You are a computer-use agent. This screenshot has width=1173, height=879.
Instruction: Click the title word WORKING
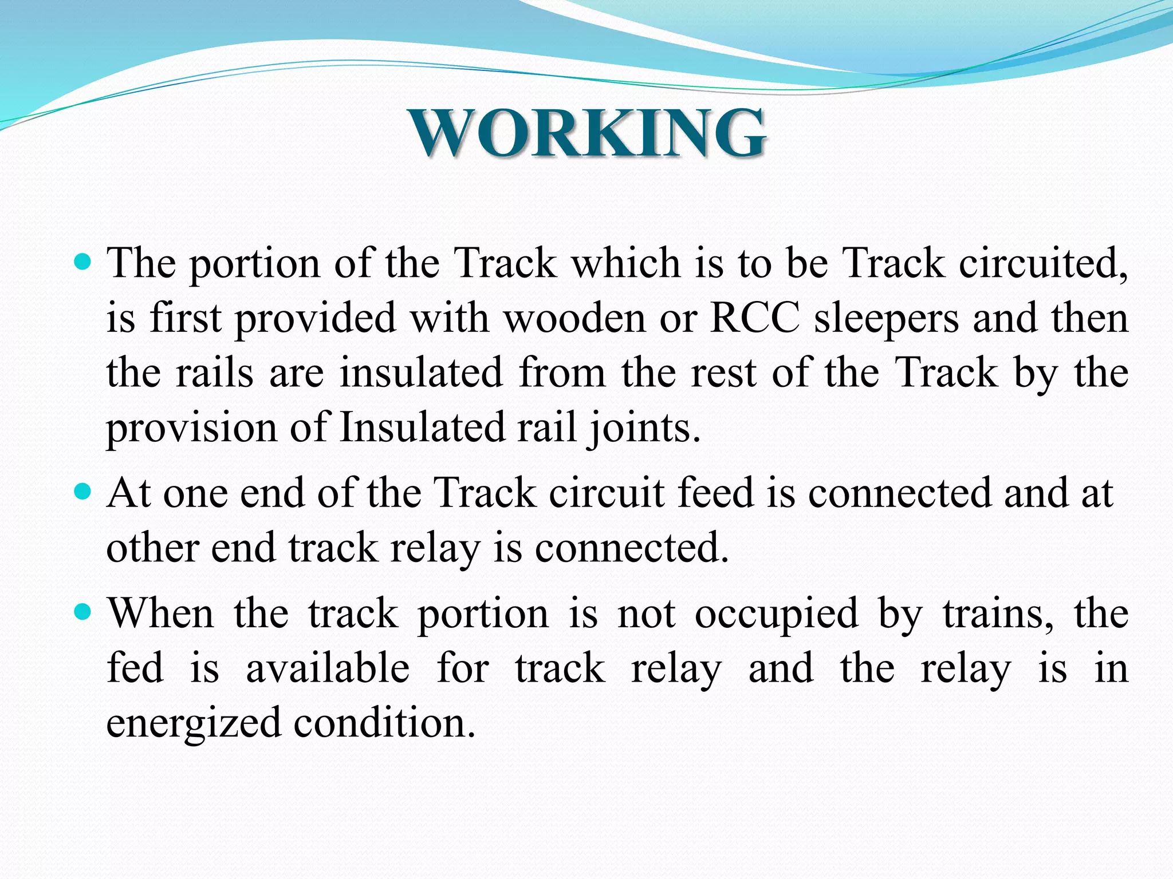click(x=588, y=133)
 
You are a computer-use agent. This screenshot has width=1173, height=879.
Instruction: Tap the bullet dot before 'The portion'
click(x=83, y=263)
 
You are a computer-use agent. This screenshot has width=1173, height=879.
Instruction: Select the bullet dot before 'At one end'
click(x=83, y=492)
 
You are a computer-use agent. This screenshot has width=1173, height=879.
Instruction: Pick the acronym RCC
click(x=755, y=318)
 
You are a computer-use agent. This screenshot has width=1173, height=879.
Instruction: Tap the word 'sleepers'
click(x=886, y=319)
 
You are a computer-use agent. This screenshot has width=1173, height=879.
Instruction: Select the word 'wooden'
click(x=574, y=318)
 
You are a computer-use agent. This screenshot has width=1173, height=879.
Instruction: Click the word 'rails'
click(x=214, y=373)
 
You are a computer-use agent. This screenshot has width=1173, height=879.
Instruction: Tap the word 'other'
click(x=152, y=548)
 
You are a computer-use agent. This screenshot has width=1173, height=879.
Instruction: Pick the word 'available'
click(x=328, y=668)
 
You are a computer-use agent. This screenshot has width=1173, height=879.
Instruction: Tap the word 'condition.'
click(x=384, y=723)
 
